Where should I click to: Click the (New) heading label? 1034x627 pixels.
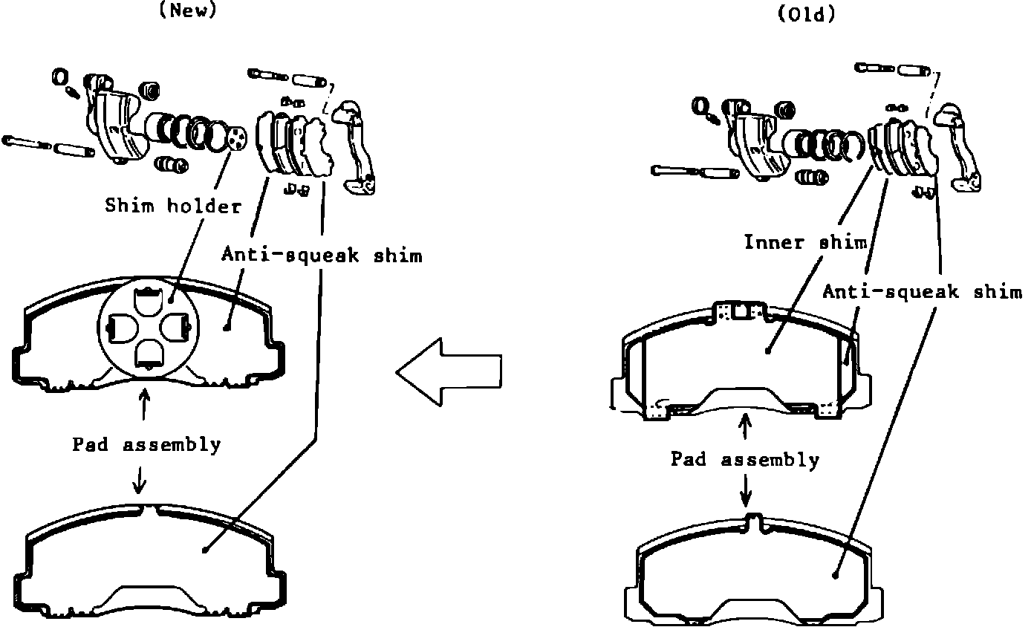click(188, 10)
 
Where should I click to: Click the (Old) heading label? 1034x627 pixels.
click(806, 15)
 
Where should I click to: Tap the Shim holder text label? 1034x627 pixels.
click(172, 206)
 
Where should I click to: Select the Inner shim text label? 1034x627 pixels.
click(805, 242)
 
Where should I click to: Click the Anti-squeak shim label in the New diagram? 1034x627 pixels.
click(322, 256)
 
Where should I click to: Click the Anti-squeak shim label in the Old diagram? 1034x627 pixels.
click(922, 292)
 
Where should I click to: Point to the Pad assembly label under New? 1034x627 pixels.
click(146, 445)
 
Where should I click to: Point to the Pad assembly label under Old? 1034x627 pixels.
click(745, 459)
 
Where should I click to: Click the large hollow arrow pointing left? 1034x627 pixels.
click(449, 371)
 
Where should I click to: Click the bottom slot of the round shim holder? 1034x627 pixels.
click(149, 354)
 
